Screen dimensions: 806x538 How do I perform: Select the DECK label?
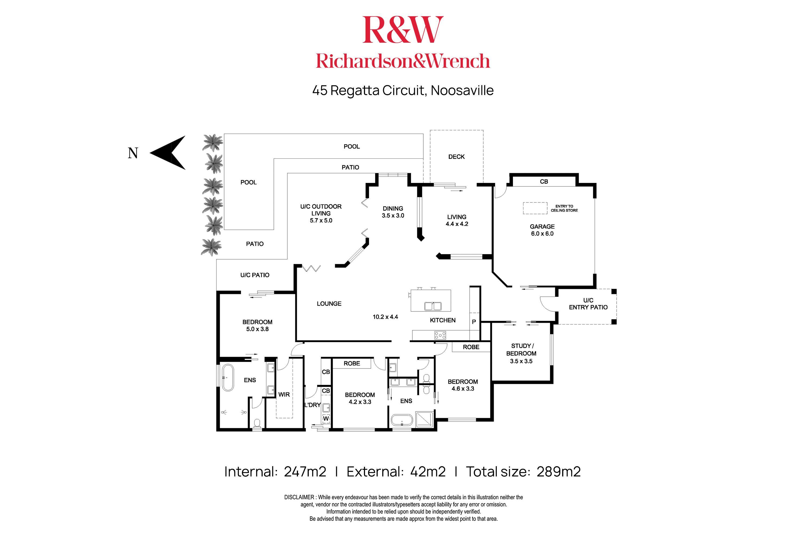456,157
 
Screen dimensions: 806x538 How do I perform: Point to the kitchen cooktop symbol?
440,335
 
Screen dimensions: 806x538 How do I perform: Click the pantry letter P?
474,322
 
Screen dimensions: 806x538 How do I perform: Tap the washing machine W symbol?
326,419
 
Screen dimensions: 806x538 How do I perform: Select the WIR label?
284,395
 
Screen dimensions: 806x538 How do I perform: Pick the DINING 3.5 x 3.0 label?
393,212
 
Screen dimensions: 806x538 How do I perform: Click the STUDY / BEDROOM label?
521,350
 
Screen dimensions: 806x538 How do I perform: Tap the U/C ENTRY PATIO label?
588,304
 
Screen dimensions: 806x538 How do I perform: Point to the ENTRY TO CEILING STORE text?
564,208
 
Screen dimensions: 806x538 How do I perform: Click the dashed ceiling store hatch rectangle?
535,208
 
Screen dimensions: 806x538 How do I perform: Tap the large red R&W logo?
403,30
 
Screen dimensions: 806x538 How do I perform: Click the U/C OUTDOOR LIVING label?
321,213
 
